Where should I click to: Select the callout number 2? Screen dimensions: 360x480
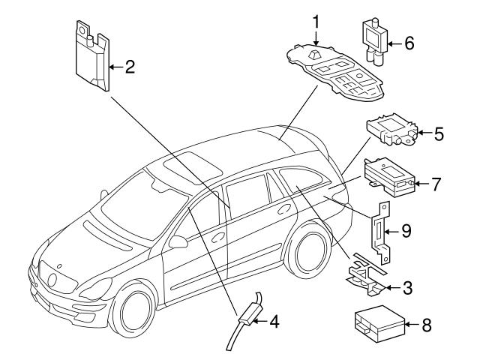pyautogui.click(x=130, y=67)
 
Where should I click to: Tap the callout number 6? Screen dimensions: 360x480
pyautogui.click(x=409, y=43)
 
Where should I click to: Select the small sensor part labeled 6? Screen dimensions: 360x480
pyautogui.click(x=374, y=42)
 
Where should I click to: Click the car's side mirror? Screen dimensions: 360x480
pyautogui.click(x=178, y=241)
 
